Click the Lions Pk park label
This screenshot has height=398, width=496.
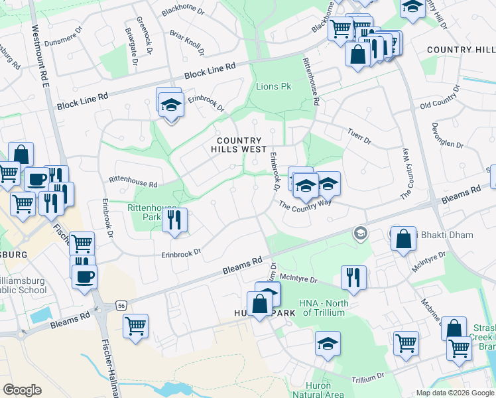pos(273,87)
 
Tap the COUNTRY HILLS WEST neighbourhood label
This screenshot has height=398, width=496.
pos(242,145)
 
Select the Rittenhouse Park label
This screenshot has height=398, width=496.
pos(145,212)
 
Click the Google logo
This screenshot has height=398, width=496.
pos(22,390)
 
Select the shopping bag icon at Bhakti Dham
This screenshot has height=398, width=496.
pos(403,239)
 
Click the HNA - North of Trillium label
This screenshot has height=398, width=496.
pos(324,308)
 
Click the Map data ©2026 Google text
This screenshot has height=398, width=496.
pos(454,393)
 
